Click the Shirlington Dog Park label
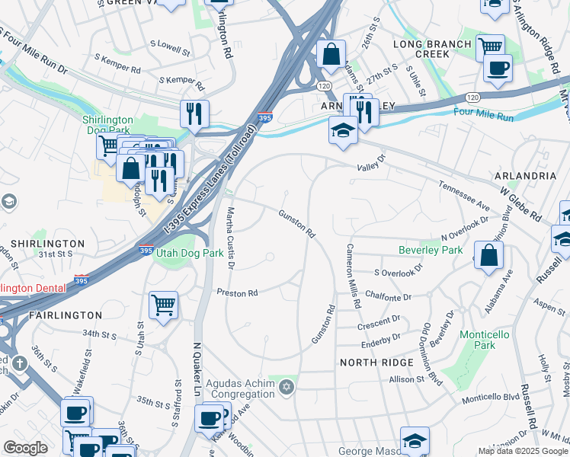tap(107, 126)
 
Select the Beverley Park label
tap(431, 250)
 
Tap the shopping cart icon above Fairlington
tap(163, 305)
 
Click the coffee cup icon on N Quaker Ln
tap(209, 418)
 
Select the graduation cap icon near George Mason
tap(415, 440)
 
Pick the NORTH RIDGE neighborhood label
tap(375, 363)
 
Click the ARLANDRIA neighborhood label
tap(525, 175)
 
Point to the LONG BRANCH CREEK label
tap(432, 50)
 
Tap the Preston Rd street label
tap(238, 292)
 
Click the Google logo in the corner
tap(25, 448)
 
